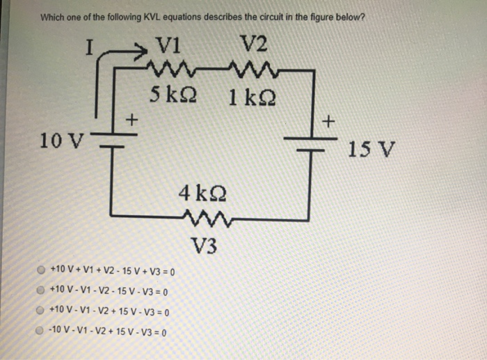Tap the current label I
pyautogui.click(x=88, y=48)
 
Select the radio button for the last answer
pyautogui.click(x=42, y=332)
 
